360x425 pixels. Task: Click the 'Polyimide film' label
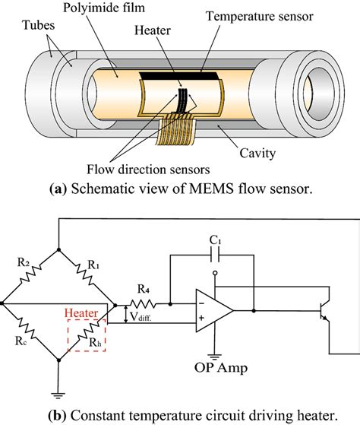[104, 8]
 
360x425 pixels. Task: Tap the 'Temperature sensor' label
[260, 17]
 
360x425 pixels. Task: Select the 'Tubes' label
[39, 25]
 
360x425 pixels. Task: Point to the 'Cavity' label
[257, 154]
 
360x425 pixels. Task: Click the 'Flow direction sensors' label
[148, 170]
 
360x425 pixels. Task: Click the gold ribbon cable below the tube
[175, 128]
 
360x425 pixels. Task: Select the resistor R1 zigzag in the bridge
[85, 274]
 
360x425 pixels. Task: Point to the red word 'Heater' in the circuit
[81, 313]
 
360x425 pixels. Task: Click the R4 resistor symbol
[143, 304]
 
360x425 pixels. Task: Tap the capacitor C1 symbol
[215, 255]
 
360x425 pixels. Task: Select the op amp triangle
[214, 311]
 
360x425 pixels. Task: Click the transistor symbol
[324, 311]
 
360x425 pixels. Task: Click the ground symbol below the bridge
[58, 395]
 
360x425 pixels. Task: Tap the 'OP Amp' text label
[220, 368]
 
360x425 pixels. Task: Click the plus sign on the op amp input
[201, 318]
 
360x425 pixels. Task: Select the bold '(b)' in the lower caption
[57, 415]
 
